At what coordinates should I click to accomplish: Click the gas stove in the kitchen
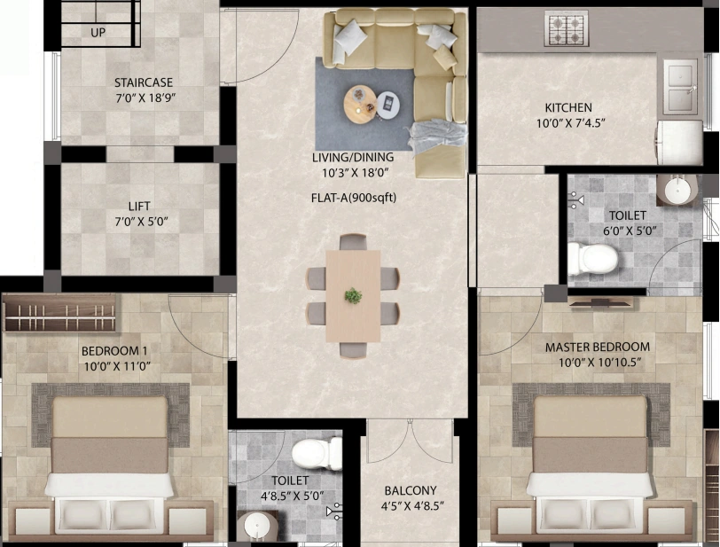pyautogui.click(x=567, y=28)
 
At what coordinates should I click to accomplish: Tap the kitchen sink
pyautogui.click(x=680, y=87)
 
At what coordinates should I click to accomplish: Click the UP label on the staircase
pyautogui.click(x=98, y=33)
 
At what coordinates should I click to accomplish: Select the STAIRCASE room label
pyautogui.click(x=144, y=82)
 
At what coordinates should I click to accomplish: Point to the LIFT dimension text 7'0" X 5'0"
pyautogui.click(x=142, y=222)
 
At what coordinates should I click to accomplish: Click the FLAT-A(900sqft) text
pyautogui.click(x=354, y=198)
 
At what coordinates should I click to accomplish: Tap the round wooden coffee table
pyautogui.click(x=361, y=105)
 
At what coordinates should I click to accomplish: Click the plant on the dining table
pyautogui.click(x=353, y=296)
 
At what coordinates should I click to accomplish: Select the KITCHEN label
pyautogui.click(x=568, y=107)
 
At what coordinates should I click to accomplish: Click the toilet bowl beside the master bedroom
pyautogui.click(x=592, y=259)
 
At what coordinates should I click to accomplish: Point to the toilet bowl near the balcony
pyautogui.click(x=317, y=453)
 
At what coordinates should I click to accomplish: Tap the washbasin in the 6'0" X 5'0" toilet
pyautogui.click(x=677, y=190)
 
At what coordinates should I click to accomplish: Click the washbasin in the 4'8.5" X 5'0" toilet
pyautogui.click(x=256, y=526)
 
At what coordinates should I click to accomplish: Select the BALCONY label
pyautogui.click(x=411, y=490)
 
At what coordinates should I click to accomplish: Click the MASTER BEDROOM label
pyautogui.click(x=598, y=347)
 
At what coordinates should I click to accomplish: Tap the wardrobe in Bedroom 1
pyautogui.click(x=59, y=313)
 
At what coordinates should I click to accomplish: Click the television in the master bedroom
pyautogui.click(x=600, y=301)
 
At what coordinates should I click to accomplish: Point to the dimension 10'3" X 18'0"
pyautogui.click(x=356, y=173)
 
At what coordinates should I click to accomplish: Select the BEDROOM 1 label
pyautogui.click(x=114, y=351)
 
